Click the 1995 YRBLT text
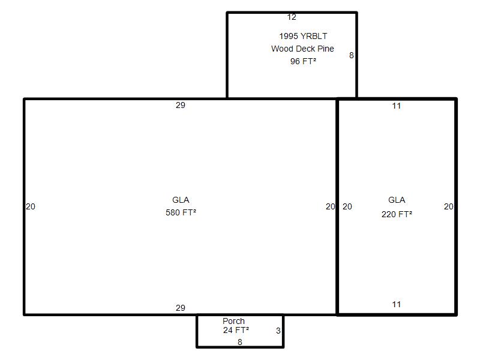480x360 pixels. (303, 36)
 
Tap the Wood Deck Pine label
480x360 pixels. (302, 49)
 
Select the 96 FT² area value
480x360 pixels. (303, 61)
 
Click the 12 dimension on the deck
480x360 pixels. (292, 17)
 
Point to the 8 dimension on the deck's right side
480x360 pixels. (352, 55)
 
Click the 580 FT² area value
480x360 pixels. (181, 212)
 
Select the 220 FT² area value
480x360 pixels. (397, 214)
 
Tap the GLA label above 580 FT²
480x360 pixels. (181, 200)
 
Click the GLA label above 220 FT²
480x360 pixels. (397, 200)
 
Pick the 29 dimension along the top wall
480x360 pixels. (181, 106)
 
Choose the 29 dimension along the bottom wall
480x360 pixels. (181, 308)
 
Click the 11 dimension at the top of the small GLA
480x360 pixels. (397, 106)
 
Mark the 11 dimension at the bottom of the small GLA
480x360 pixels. (397, 304)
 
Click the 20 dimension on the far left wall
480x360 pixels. (31, 206)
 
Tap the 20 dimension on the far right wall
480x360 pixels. (448, 206)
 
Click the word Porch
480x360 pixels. (233, 321)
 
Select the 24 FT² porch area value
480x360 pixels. (236, 330)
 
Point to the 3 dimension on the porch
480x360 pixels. (278, 331)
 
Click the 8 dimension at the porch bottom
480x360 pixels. (240, 342)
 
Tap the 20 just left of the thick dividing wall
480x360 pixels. (331, 206)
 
